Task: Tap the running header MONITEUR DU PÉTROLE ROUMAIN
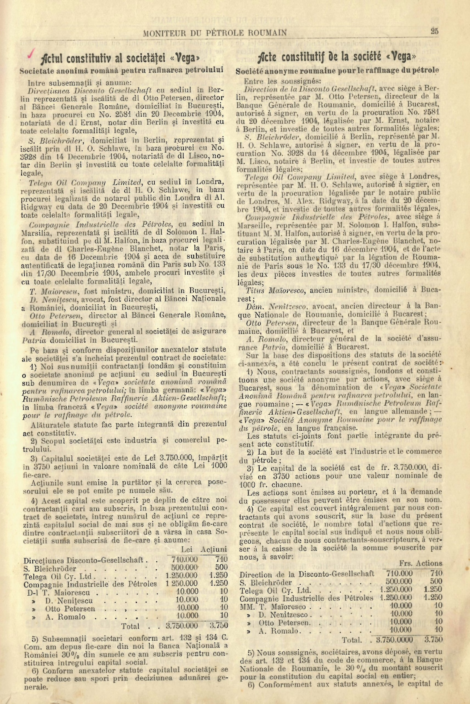click(215, 32)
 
